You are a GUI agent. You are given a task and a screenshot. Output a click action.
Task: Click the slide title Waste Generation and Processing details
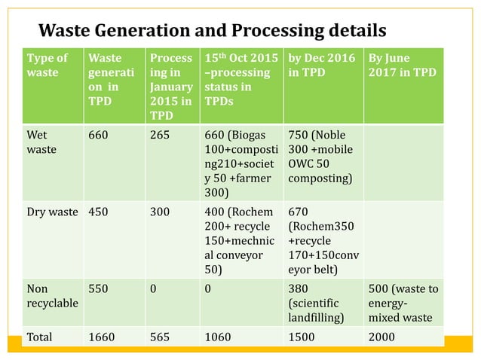pos(212,30)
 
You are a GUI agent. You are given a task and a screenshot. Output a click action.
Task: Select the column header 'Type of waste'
pos(47,66)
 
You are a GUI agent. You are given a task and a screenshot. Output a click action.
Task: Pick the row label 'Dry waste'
pos(52,212)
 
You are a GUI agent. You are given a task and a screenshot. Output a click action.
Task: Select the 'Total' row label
pos(40,337)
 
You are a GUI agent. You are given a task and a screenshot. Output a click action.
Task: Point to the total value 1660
pos(102,337)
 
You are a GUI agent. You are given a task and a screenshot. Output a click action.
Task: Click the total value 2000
pos(381,337)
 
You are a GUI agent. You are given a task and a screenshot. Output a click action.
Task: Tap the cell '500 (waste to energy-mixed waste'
pos(406,302)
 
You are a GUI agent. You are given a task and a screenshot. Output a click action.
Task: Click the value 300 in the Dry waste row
pos(161,212)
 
